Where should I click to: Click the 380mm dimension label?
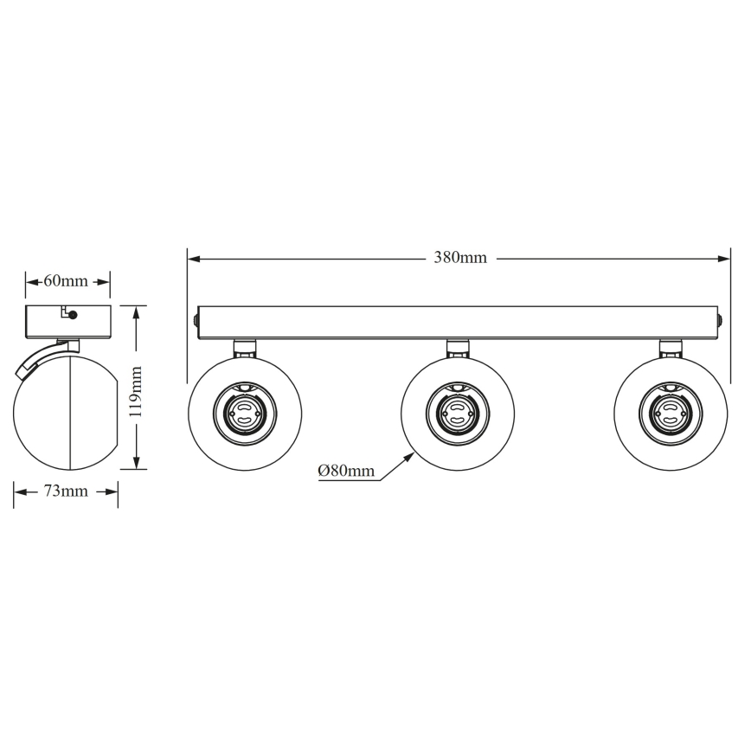click(x=460, y=258)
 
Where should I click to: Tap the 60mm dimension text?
click(x=66, y=281)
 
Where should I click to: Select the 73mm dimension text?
click(x=66, y=491)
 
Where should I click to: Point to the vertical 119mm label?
click(x=135, y=391)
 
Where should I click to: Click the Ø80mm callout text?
click(x=346, y=471)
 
